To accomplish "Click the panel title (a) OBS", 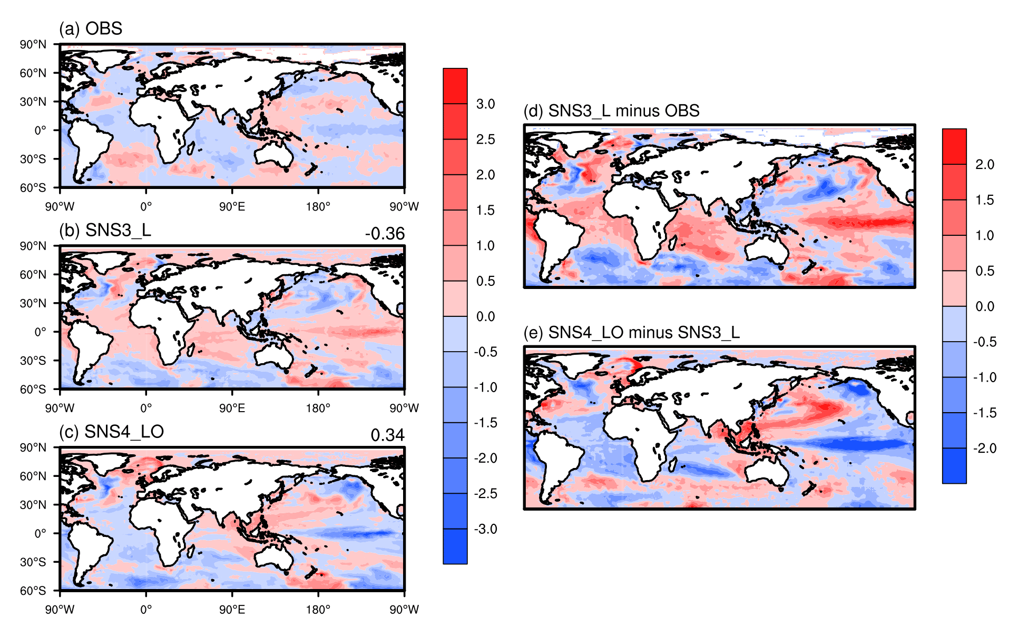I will pos(91,28).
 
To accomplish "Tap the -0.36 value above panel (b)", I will pos(385,234).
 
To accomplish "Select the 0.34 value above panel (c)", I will pos(387,435).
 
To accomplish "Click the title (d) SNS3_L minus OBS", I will pos(611,111).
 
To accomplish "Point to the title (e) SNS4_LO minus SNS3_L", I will pos(631,333).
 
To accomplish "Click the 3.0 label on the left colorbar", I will pos(485,104).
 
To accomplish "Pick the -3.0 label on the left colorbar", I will pos(485,529).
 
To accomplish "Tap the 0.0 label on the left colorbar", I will pos(485,316).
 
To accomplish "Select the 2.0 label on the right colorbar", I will pos(984,165).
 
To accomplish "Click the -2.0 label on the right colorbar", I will pos(984,448).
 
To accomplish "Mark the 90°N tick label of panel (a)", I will pos(33,45).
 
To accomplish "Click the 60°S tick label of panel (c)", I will pos(33,591).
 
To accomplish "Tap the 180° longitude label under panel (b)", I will pos(318,408).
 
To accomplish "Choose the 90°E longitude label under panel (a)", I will pos(232,206).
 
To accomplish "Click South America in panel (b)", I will pos(87,345).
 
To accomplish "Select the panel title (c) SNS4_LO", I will pos(111,432).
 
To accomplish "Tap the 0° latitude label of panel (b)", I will pos(40,332).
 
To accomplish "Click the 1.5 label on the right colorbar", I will pos(984,200).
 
